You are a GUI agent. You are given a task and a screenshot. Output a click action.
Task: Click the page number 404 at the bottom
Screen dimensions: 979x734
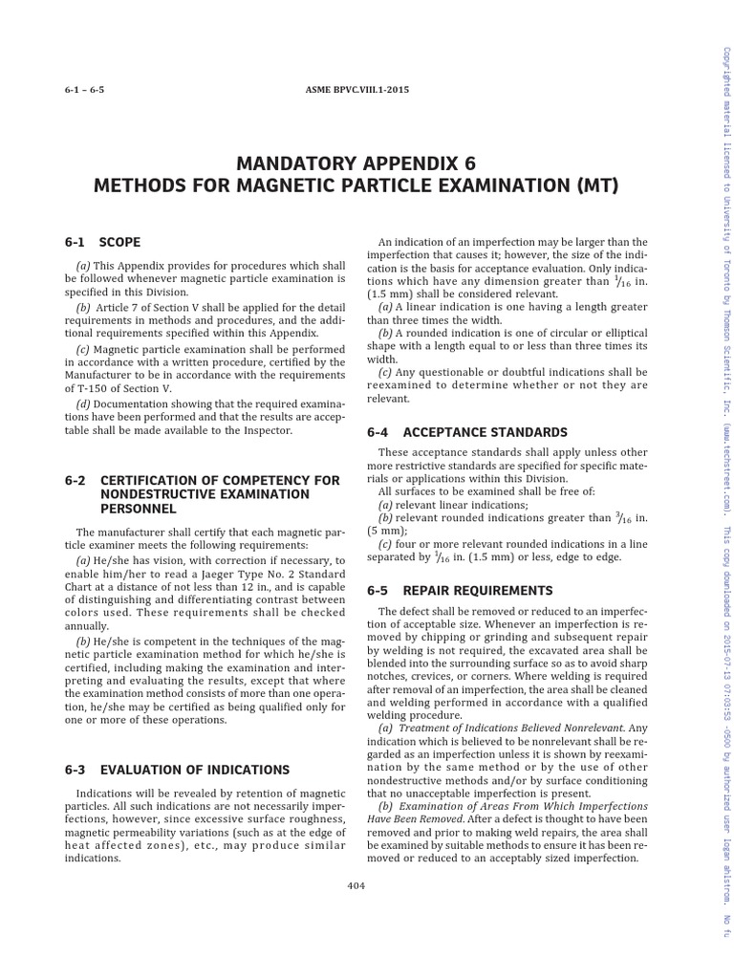(356, 885)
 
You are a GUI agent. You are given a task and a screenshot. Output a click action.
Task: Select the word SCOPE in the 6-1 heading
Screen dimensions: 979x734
(119, 242)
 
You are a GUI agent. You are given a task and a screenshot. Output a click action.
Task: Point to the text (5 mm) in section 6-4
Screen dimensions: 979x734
(393, 530)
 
